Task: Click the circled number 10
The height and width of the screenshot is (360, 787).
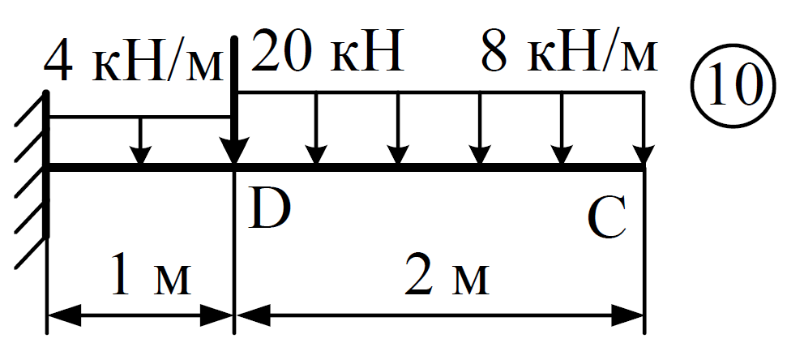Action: tap(727, 86)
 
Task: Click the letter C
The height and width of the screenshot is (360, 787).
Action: tap(607, 218)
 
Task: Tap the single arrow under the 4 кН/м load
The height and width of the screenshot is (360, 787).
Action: tap(140, 140)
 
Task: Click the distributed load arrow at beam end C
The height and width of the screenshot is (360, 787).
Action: tap(644, 128)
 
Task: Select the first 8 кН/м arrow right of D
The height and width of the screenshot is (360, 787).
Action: tap(316, 128)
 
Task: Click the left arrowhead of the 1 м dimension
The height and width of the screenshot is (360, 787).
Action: tap(65, 315)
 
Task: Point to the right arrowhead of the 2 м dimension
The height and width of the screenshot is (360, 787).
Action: tap(627, 315)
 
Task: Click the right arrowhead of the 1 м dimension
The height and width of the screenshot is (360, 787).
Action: tap(216, 315)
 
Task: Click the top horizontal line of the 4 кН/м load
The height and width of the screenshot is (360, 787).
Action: tap(140, 117)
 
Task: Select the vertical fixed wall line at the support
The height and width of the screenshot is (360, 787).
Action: tap(47, 164)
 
